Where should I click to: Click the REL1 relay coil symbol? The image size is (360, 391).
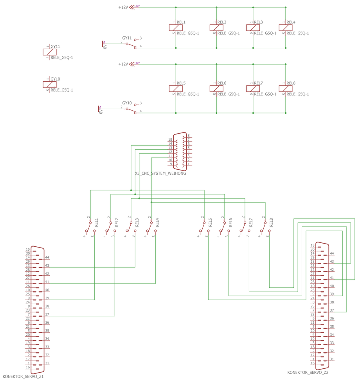tap(176, 28)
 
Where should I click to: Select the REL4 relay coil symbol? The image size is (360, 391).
tap(286, 28)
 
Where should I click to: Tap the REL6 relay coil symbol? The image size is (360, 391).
tap(216, 89)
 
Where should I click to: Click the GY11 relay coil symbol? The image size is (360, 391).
tap(50, 52)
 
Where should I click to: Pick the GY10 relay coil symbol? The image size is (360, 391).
tap(50, 84)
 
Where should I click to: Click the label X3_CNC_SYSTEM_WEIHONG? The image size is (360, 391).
tap(160, 173)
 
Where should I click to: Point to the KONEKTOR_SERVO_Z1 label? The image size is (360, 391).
tap(23, 377)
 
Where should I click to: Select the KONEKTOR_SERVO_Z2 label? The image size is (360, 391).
tap(308, 373)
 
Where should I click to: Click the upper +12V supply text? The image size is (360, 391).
tap(123, 7)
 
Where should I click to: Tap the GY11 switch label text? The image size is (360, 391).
tap(127, 38)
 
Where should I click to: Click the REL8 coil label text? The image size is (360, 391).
tap(291, 83)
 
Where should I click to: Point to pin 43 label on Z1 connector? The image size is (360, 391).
tap(47, 266)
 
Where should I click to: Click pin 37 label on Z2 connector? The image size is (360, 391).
tap(332, 310)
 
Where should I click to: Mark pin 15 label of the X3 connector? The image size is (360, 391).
tap(170, 140)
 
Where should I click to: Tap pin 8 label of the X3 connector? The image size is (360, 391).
tap(189, 136)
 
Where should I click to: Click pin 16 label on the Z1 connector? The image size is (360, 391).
tap(28, 368)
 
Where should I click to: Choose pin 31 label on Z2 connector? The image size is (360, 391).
tap(332, 359)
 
